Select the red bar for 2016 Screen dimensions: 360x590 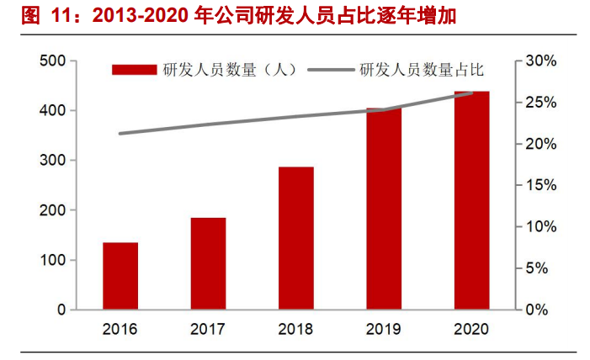click(120, 277)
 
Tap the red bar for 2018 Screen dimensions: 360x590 click(295, 239)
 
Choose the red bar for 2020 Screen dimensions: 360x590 click(471, 201)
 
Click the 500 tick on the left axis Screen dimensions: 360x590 click(52, 61)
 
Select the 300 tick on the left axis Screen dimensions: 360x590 click(52, 161)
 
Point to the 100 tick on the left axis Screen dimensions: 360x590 click(52, 261)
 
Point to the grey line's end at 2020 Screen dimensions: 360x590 click(471, 93)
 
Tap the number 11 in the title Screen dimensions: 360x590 click(62, 16)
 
